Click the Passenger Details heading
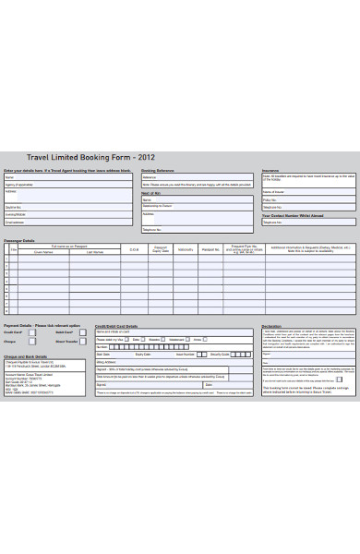[x=19, y=240]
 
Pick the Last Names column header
[x=95, y=251]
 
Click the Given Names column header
[x=43, y=251]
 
